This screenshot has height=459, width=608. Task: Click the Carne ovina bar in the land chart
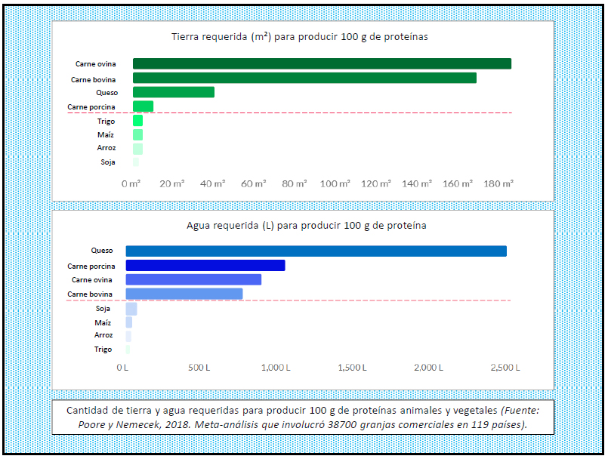point(322,63)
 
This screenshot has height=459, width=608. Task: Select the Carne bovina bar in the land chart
point(304,78)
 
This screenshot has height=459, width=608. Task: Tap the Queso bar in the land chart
point(174,92)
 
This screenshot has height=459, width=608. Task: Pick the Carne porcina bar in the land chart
point(143,106)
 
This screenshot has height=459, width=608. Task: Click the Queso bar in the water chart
point(316,251)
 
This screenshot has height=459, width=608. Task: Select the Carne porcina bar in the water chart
point(205,265)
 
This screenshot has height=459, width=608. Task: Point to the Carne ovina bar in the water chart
point(193,279)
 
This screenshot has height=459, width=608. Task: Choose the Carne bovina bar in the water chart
point(184,294)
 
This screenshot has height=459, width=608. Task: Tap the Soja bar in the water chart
point(131,309)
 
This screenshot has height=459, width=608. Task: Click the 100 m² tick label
point(335,183)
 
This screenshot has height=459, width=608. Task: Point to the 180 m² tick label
point(498,183)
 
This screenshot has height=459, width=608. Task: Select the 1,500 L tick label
point(352,368)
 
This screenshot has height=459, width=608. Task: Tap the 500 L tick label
point(200,368)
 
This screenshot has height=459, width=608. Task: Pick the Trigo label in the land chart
point(106,121)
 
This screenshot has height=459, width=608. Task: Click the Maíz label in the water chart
point(103,322)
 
